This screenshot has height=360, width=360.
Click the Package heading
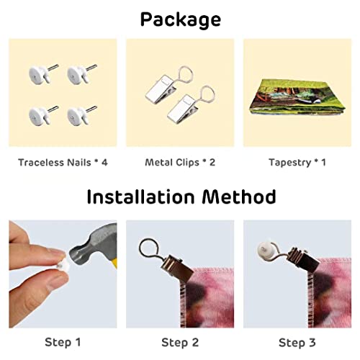[181, 19]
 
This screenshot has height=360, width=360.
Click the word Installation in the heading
[140, 197]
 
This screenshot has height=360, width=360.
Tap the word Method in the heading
[239, 197]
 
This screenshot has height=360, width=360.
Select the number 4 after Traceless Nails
[104, 163]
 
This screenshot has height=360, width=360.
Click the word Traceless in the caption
[41, 163]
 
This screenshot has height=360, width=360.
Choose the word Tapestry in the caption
[289, 163]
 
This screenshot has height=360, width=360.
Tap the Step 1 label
[63, 342]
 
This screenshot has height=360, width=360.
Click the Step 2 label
[180, 342]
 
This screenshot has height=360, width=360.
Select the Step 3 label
[297, 342]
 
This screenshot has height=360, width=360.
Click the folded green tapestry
[297, 96]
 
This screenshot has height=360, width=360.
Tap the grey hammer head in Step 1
[92, 245]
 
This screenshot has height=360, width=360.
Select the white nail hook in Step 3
[264, 250]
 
